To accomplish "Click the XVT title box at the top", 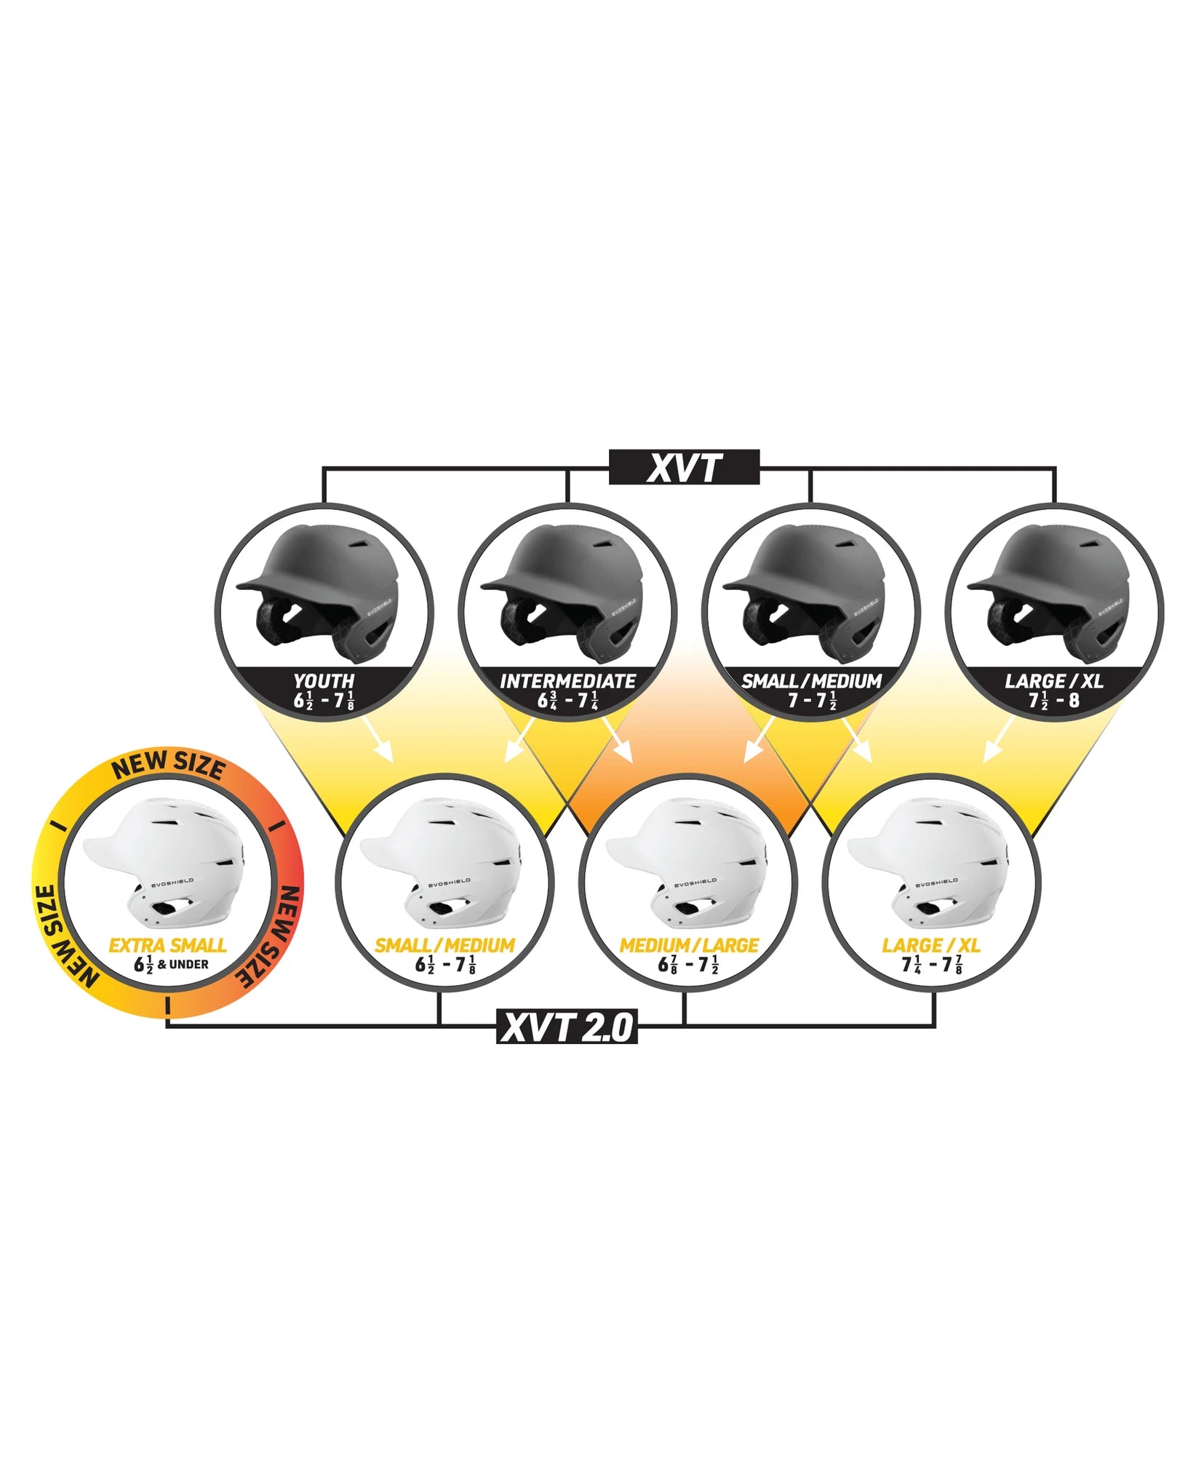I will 684,467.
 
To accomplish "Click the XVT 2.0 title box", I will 567,1027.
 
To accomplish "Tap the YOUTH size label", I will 324,681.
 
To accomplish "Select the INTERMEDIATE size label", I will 567,681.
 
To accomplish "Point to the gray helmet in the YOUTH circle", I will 320,593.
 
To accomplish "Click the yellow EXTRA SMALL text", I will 167,945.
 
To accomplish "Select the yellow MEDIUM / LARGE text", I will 689,945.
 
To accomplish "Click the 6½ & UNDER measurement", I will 172,964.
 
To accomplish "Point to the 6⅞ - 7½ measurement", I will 688,965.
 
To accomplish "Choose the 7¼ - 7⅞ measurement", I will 932,965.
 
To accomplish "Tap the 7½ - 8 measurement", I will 1053,701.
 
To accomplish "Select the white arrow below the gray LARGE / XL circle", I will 1000,741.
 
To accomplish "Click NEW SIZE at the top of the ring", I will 168,765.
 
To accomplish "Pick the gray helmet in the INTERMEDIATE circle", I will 565,593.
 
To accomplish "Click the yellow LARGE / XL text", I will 931,945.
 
